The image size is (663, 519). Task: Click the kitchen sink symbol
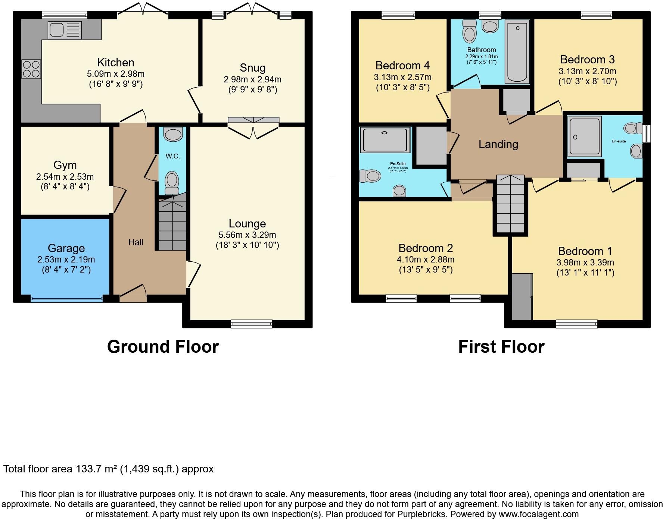point(65,30)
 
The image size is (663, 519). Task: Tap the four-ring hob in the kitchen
point(31,69)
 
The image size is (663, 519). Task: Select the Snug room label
point(252,68)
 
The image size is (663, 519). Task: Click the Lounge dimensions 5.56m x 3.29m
point(247,235)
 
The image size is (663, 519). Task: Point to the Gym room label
point(65,165)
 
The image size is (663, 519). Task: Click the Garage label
point(66,248)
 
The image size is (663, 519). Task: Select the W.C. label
point(173,156)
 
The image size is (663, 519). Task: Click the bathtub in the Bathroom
point(517,51)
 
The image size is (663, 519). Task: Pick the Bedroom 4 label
point(402,66)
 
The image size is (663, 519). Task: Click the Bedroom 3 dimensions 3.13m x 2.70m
point(587,71)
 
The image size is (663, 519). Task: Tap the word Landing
point(498,144)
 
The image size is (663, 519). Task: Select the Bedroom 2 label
point(426,248)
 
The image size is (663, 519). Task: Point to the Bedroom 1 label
point(585,251)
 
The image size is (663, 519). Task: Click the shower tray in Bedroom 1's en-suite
point(585,136)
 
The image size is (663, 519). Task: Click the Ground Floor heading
point(163,347)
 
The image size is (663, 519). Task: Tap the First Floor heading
point(501,347)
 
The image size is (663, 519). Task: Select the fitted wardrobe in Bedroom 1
point(522,297)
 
